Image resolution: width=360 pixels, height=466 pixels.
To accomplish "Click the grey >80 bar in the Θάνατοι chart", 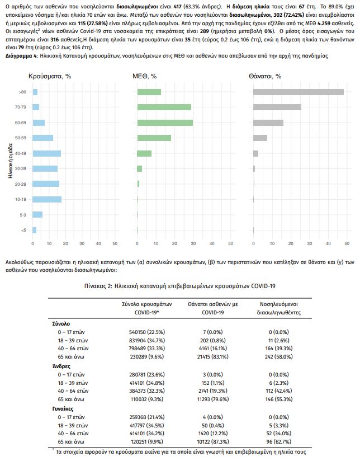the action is click(298, 92).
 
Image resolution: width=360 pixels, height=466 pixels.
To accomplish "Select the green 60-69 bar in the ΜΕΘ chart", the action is click(165, 123).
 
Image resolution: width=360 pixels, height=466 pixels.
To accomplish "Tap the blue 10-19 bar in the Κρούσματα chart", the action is click(47, 199).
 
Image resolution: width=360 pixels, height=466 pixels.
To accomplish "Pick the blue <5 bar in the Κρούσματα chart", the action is click(35, 230).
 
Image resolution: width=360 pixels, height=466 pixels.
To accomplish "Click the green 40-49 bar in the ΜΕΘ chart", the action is click(144, 153).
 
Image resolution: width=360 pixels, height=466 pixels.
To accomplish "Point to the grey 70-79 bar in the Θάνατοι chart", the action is click(277, 107).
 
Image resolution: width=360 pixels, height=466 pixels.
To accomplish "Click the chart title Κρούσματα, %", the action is click(50, 76).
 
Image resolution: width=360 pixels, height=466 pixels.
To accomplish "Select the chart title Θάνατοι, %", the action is click(265, 76).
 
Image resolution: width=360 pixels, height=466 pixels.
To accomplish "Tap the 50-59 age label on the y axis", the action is click(21, 138).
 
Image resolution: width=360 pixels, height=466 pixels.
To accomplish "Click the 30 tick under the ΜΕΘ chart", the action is click(193, 243).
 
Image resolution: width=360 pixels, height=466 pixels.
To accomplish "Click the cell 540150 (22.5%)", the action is click(147, 332).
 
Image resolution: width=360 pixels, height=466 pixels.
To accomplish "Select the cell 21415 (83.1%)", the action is click(212, 357).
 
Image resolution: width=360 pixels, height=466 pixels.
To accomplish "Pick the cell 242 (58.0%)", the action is click(278, 357).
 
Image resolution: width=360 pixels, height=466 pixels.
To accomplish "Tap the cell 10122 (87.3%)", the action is click(212, 441).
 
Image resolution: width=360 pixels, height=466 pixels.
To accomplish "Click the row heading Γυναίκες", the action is click(63, 409).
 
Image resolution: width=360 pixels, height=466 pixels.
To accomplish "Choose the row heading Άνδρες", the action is click(61, 366).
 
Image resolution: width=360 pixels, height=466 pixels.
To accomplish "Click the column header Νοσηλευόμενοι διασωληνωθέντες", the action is click(278, 308).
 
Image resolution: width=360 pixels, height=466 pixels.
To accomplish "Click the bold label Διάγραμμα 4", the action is click(21, 56).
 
